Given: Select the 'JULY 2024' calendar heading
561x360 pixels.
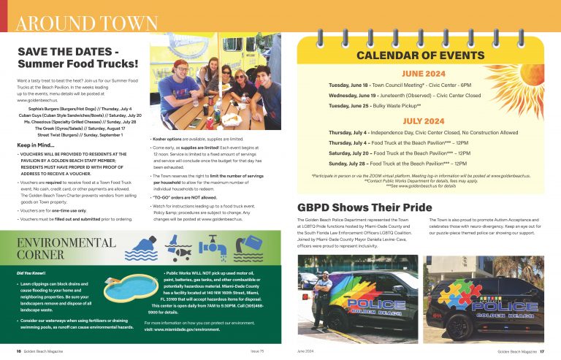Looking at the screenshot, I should click(423, 120).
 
